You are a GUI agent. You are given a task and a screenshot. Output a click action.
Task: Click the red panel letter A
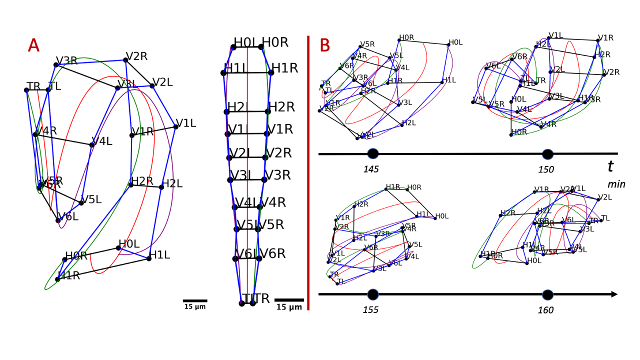click(33, 45)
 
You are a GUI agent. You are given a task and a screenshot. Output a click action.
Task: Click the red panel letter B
click(324, 45)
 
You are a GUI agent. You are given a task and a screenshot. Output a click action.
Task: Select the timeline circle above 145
click(372, 154)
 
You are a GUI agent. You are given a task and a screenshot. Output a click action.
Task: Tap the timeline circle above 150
click(547, 154)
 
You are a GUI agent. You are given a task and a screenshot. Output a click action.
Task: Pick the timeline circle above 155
click(372, 294)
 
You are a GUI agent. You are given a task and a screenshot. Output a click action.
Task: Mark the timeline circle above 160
click(547, 294)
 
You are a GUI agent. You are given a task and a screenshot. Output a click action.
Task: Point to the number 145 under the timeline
click(371, 169)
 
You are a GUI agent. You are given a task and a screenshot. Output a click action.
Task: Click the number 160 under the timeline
click(545, 310)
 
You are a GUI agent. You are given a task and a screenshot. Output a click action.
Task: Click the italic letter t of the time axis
click(610, 166)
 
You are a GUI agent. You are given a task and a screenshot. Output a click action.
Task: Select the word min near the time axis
click(616, 184)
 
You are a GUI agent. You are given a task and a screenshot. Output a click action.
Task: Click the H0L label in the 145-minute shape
click(455, 42)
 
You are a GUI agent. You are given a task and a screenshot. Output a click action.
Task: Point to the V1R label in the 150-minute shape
click(606, 38)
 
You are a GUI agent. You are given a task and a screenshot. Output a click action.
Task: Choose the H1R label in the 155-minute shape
click(393, 187)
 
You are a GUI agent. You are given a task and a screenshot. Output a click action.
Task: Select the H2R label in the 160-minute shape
click(507, 213)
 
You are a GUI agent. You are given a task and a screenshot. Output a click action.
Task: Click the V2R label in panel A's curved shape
click(136, 56)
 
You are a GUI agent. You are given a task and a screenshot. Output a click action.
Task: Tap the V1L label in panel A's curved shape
click(186, 123)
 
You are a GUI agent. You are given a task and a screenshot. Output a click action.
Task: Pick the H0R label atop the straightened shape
click(275, 42)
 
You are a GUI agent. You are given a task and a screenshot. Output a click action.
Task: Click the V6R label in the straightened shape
click(272, 253)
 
